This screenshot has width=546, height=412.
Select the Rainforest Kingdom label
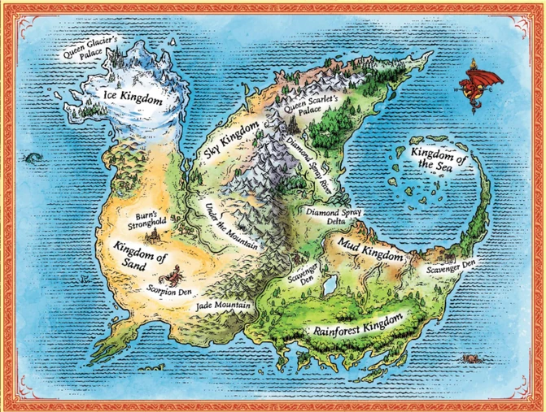point(359,323)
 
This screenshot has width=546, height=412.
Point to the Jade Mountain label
point(222,306)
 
